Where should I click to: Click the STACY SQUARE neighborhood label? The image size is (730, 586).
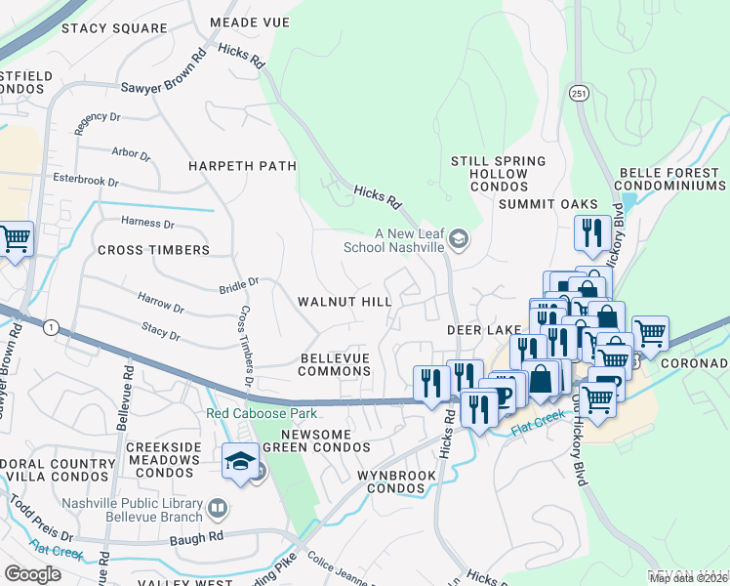point(114,28)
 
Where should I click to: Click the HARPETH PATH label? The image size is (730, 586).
point(243,166)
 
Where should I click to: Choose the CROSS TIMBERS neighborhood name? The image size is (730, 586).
point(153,250)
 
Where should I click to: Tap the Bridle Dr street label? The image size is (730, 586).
point(239,283)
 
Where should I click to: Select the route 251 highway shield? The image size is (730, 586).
point(580,92)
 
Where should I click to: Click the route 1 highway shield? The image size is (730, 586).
point(51,326)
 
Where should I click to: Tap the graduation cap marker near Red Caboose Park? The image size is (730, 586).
point(239,461)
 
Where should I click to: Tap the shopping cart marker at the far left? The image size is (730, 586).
point(15,238)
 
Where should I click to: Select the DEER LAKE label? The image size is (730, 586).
point(480,331)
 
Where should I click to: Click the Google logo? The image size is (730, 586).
point(33,573)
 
